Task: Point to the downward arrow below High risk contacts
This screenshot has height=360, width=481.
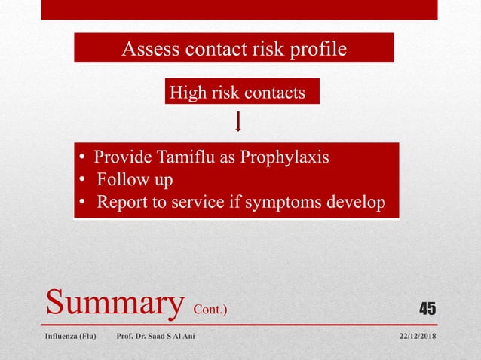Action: (239, 121)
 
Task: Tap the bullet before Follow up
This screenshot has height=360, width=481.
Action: (83, 181)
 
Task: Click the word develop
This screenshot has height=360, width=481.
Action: (357, 203)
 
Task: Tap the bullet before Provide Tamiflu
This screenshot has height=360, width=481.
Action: (83, 159)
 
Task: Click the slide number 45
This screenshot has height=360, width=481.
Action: (427, 308)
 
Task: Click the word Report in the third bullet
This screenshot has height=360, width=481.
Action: (121, 203)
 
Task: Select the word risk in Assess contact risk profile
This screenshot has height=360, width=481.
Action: (265, 50)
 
